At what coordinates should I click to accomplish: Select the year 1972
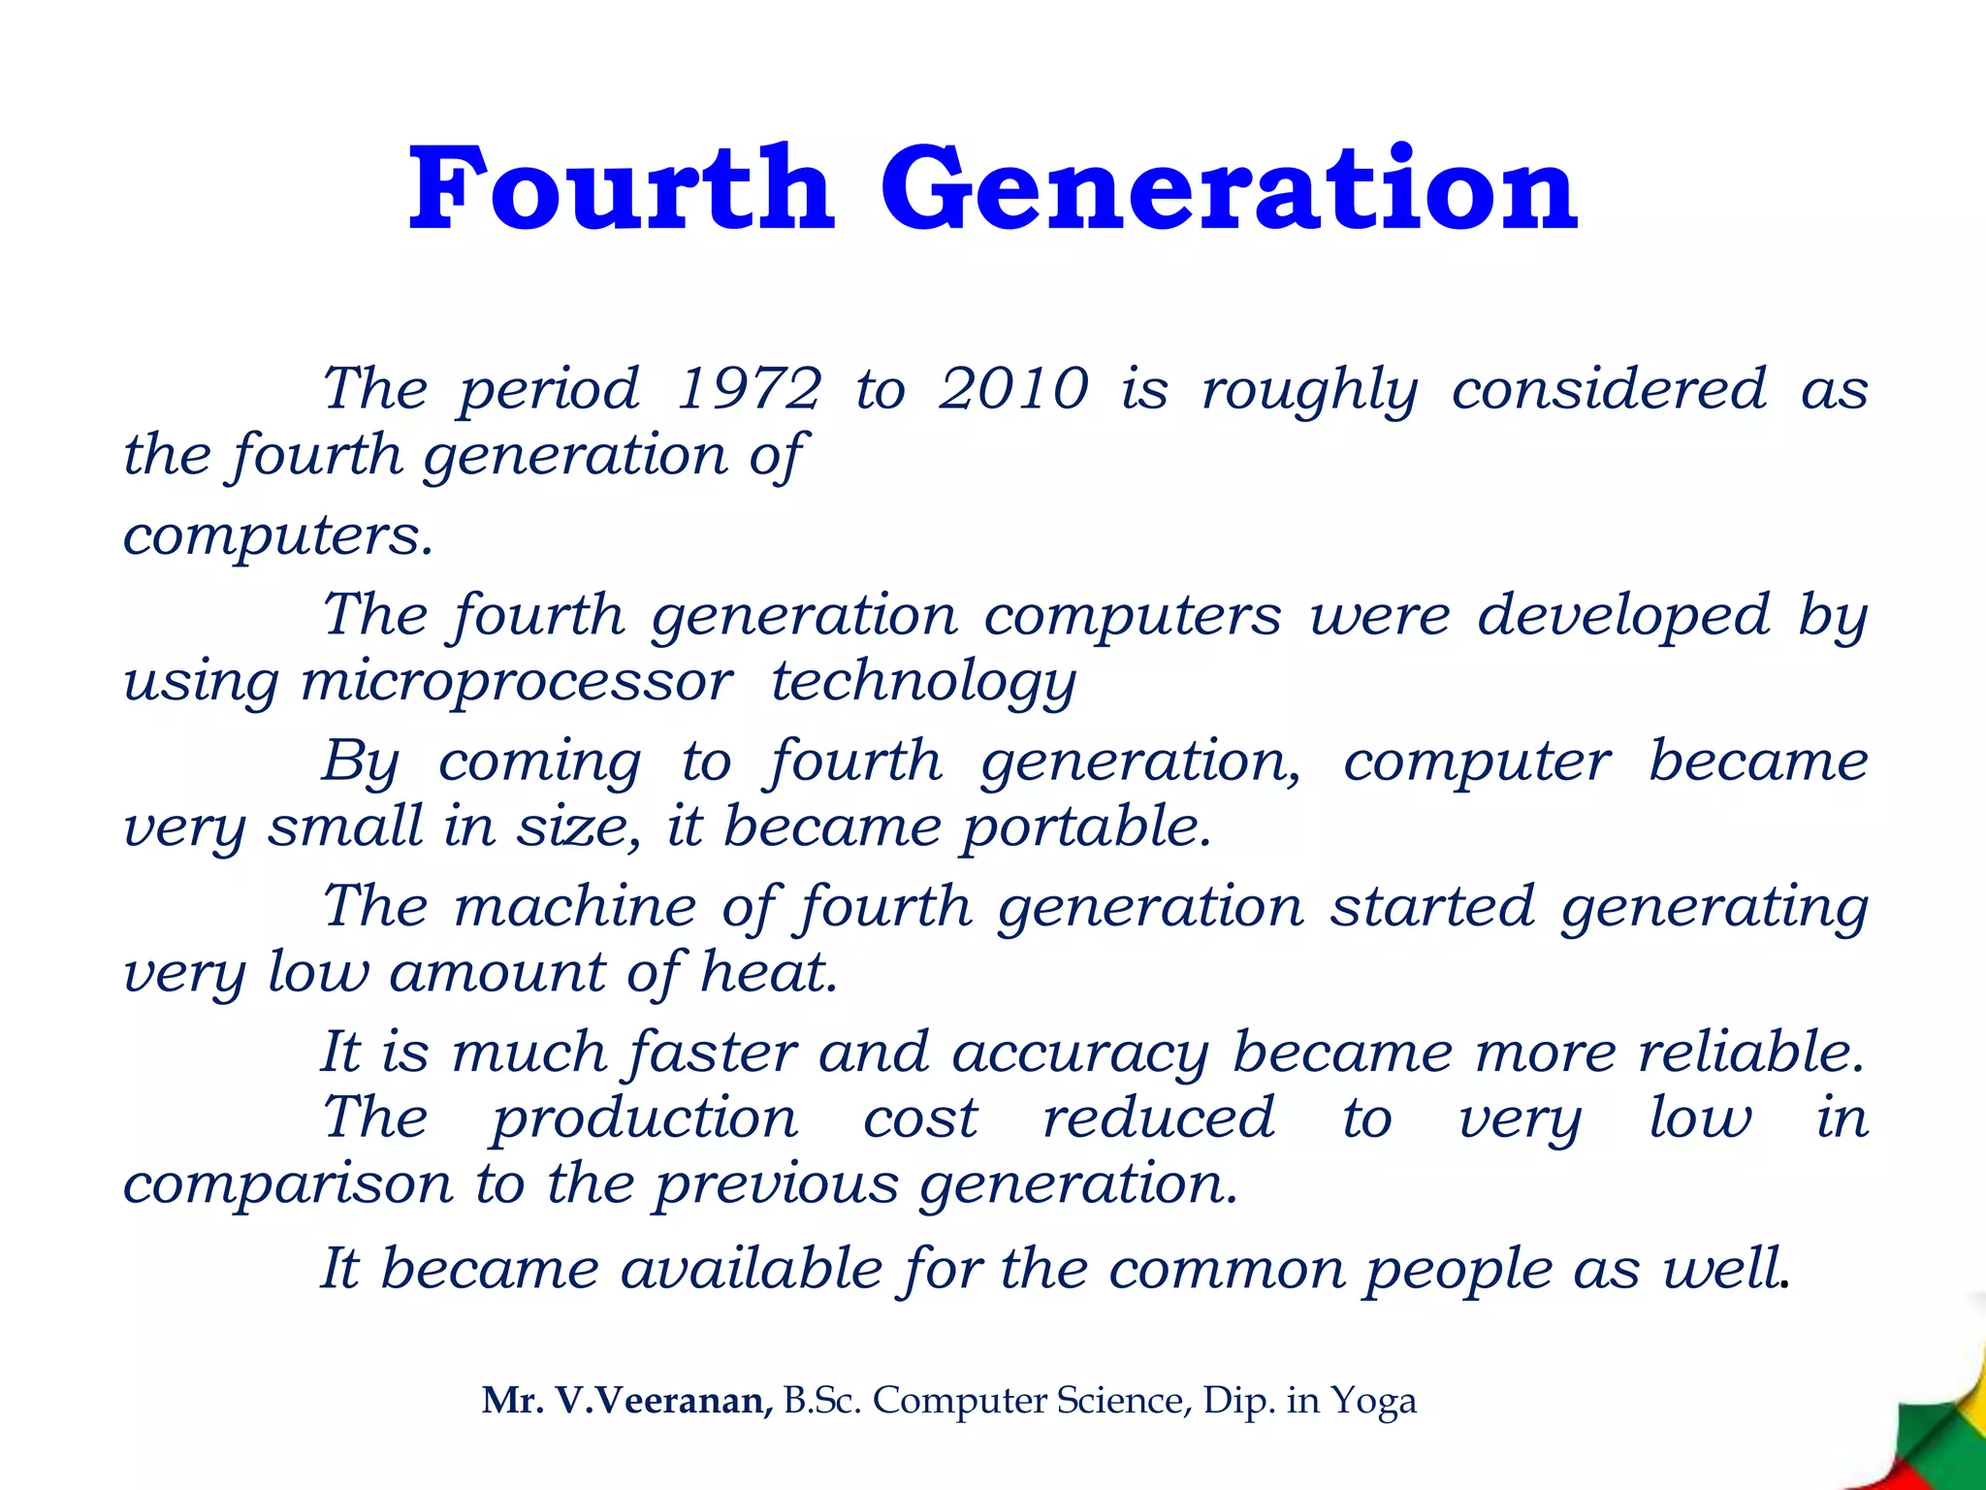click(x=749, y=389)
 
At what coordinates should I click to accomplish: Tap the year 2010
click(x=1014, y=389)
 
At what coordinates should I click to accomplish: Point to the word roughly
click(x=1310, y=391)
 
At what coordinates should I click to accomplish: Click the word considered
click(x=1609, y=389)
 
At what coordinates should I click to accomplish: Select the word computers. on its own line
click(x=277, y=536)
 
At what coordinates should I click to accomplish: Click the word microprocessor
click(x=517, y=681)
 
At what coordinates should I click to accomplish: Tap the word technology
click(x=923, y=683)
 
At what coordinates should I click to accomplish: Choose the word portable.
click(x=1087, y=828)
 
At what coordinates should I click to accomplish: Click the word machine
click(x=575, y=906)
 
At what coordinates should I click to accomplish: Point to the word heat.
click(x=769, y=972)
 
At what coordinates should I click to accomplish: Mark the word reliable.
click(x=1751, y=1052)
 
